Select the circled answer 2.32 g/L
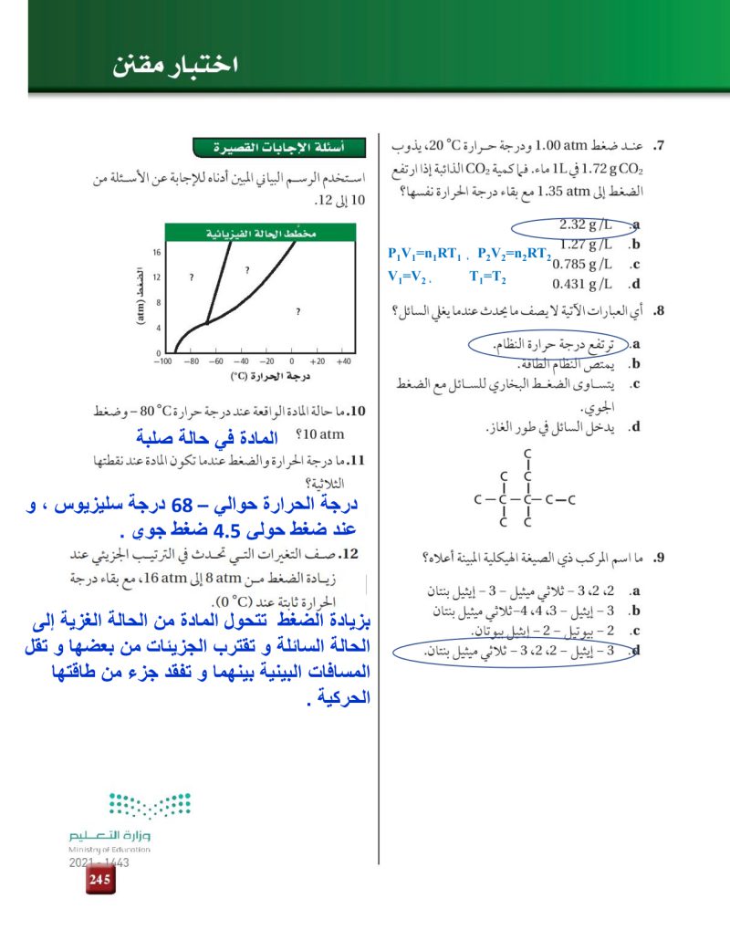[x=585, y=225]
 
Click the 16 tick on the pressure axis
[x=157, y=251]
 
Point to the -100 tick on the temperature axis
[x=162, y=361]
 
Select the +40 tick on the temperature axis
[x=342, y=361]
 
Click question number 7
[x=659, y=146]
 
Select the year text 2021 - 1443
[x=99, y=861]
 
